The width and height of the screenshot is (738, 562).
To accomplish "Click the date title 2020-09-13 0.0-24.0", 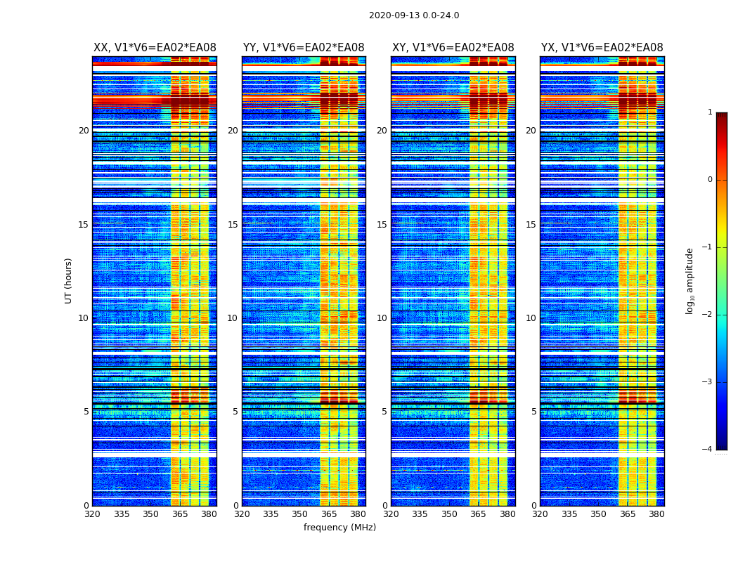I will (x=414, y=15).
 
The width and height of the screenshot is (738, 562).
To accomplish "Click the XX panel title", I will (x=155, y=48).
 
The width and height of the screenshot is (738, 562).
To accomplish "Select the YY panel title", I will (x=304, y=48).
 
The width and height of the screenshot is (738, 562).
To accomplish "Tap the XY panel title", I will (x=453, y=48).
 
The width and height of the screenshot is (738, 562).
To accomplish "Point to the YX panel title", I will (x=602, y=48).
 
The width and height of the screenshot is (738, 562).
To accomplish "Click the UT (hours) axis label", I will (x=69, y=280).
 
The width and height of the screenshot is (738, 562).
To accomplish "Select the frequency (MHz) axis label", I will (x=339, y=528).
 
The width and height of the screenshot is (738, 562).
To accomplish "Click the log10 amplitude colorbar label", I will (x=690, y=280).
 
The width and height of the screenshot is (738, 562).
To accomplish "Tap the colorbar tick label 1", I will (x=710, y=112).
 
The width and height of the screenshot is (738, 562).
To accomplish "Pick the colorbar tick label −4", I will (x=708, y=450).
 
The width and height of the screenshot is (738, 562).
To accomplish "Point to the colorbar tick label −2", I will (x=708, y=315).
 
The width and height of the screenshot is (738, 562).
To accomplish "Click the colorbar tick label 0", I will (x=710, y=180).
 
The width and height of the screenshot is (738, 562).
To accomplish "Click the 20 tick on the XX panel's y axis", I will (x=84, y=131).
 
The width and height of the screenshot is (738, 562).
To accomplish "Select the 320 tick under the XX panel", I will (x=92, y=514).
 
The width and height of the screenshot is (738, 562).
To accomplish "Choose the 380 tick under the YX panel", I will (x=656, y=514).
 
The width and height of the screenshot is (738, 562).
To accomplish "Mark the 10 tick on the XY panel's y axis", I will (x=382, y=318).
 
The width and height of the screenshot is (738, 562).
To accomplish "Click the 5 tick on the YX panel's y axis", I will (x=533, y=412).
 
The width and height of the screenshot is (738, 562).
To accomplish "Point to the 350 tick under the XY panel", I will (x=449, y=514).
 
